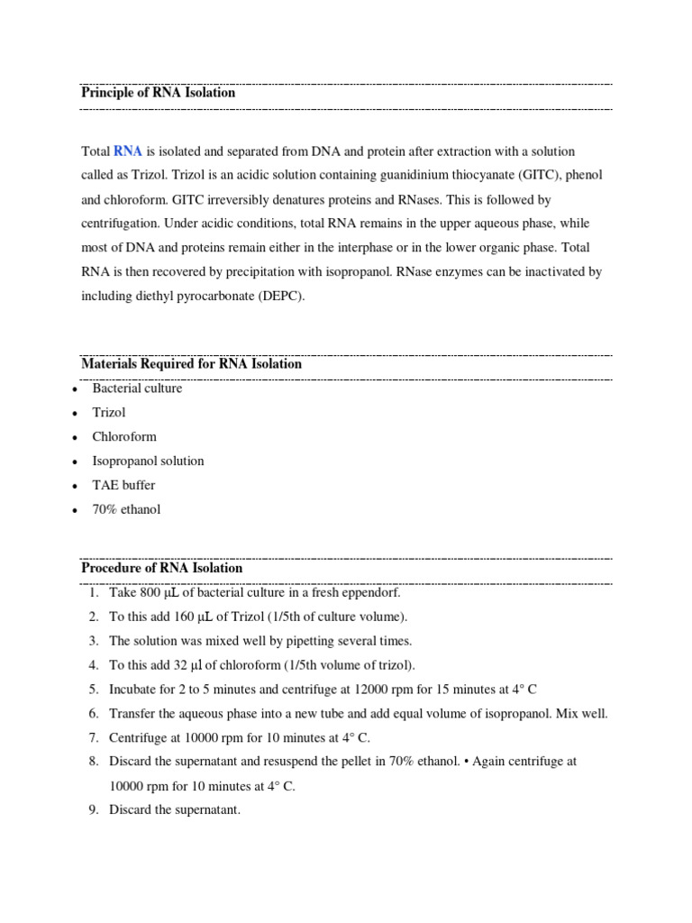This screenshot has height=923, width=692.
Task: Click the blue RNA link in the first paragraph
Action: pos(128,151)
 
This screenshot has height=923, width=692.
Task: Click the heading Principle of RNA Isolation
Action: pos(158,93)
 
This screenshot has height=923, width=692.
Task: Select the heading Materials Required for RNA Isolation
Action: pos(191,365)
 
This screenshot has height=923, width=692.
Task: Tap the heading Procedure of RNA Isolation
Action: pos(161,569)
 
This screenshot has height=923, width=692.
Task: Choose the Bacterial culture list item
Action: pos(137,388)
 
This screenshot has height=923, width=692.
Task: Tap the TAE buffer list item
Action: pos(123,485)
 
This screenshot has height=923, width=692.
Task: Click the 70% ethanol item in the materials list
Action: pos(126,509)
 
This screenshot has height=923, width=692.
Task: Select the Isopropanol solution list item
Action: pos(148,461)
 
